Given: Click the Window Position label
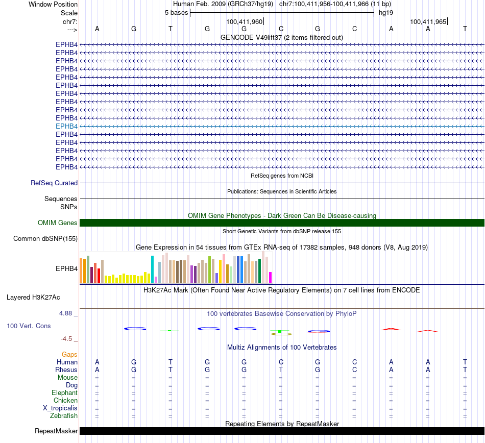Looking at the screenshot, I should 53,4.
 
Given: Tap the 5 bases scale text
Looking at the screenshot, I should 176,12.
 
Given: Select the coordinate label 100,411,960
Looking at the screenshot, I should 244,22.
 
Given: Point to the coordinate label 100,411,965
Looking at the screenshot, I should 428,22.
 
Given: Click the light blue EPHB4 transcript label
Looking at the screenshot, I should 66,126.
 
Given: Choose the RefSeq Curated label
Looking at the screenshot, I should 54,183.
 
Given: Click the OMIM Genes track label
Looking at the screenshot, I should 58,223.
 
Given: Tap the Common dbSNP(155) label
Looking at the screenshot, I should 45,239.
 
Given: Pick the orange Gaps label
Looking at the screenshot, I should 69,354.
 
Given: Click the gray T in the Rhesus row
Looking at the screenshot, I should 281,370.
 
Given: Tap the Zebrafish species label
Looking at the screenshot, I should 65,416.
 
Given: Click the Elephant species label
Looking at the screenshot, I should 64,393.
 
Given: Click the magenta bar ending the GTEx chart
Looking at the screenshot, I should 271,278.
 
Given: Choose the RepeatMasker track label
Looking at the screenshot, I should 56,431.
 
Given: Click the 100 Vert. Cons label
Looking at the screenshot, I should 29,326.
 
